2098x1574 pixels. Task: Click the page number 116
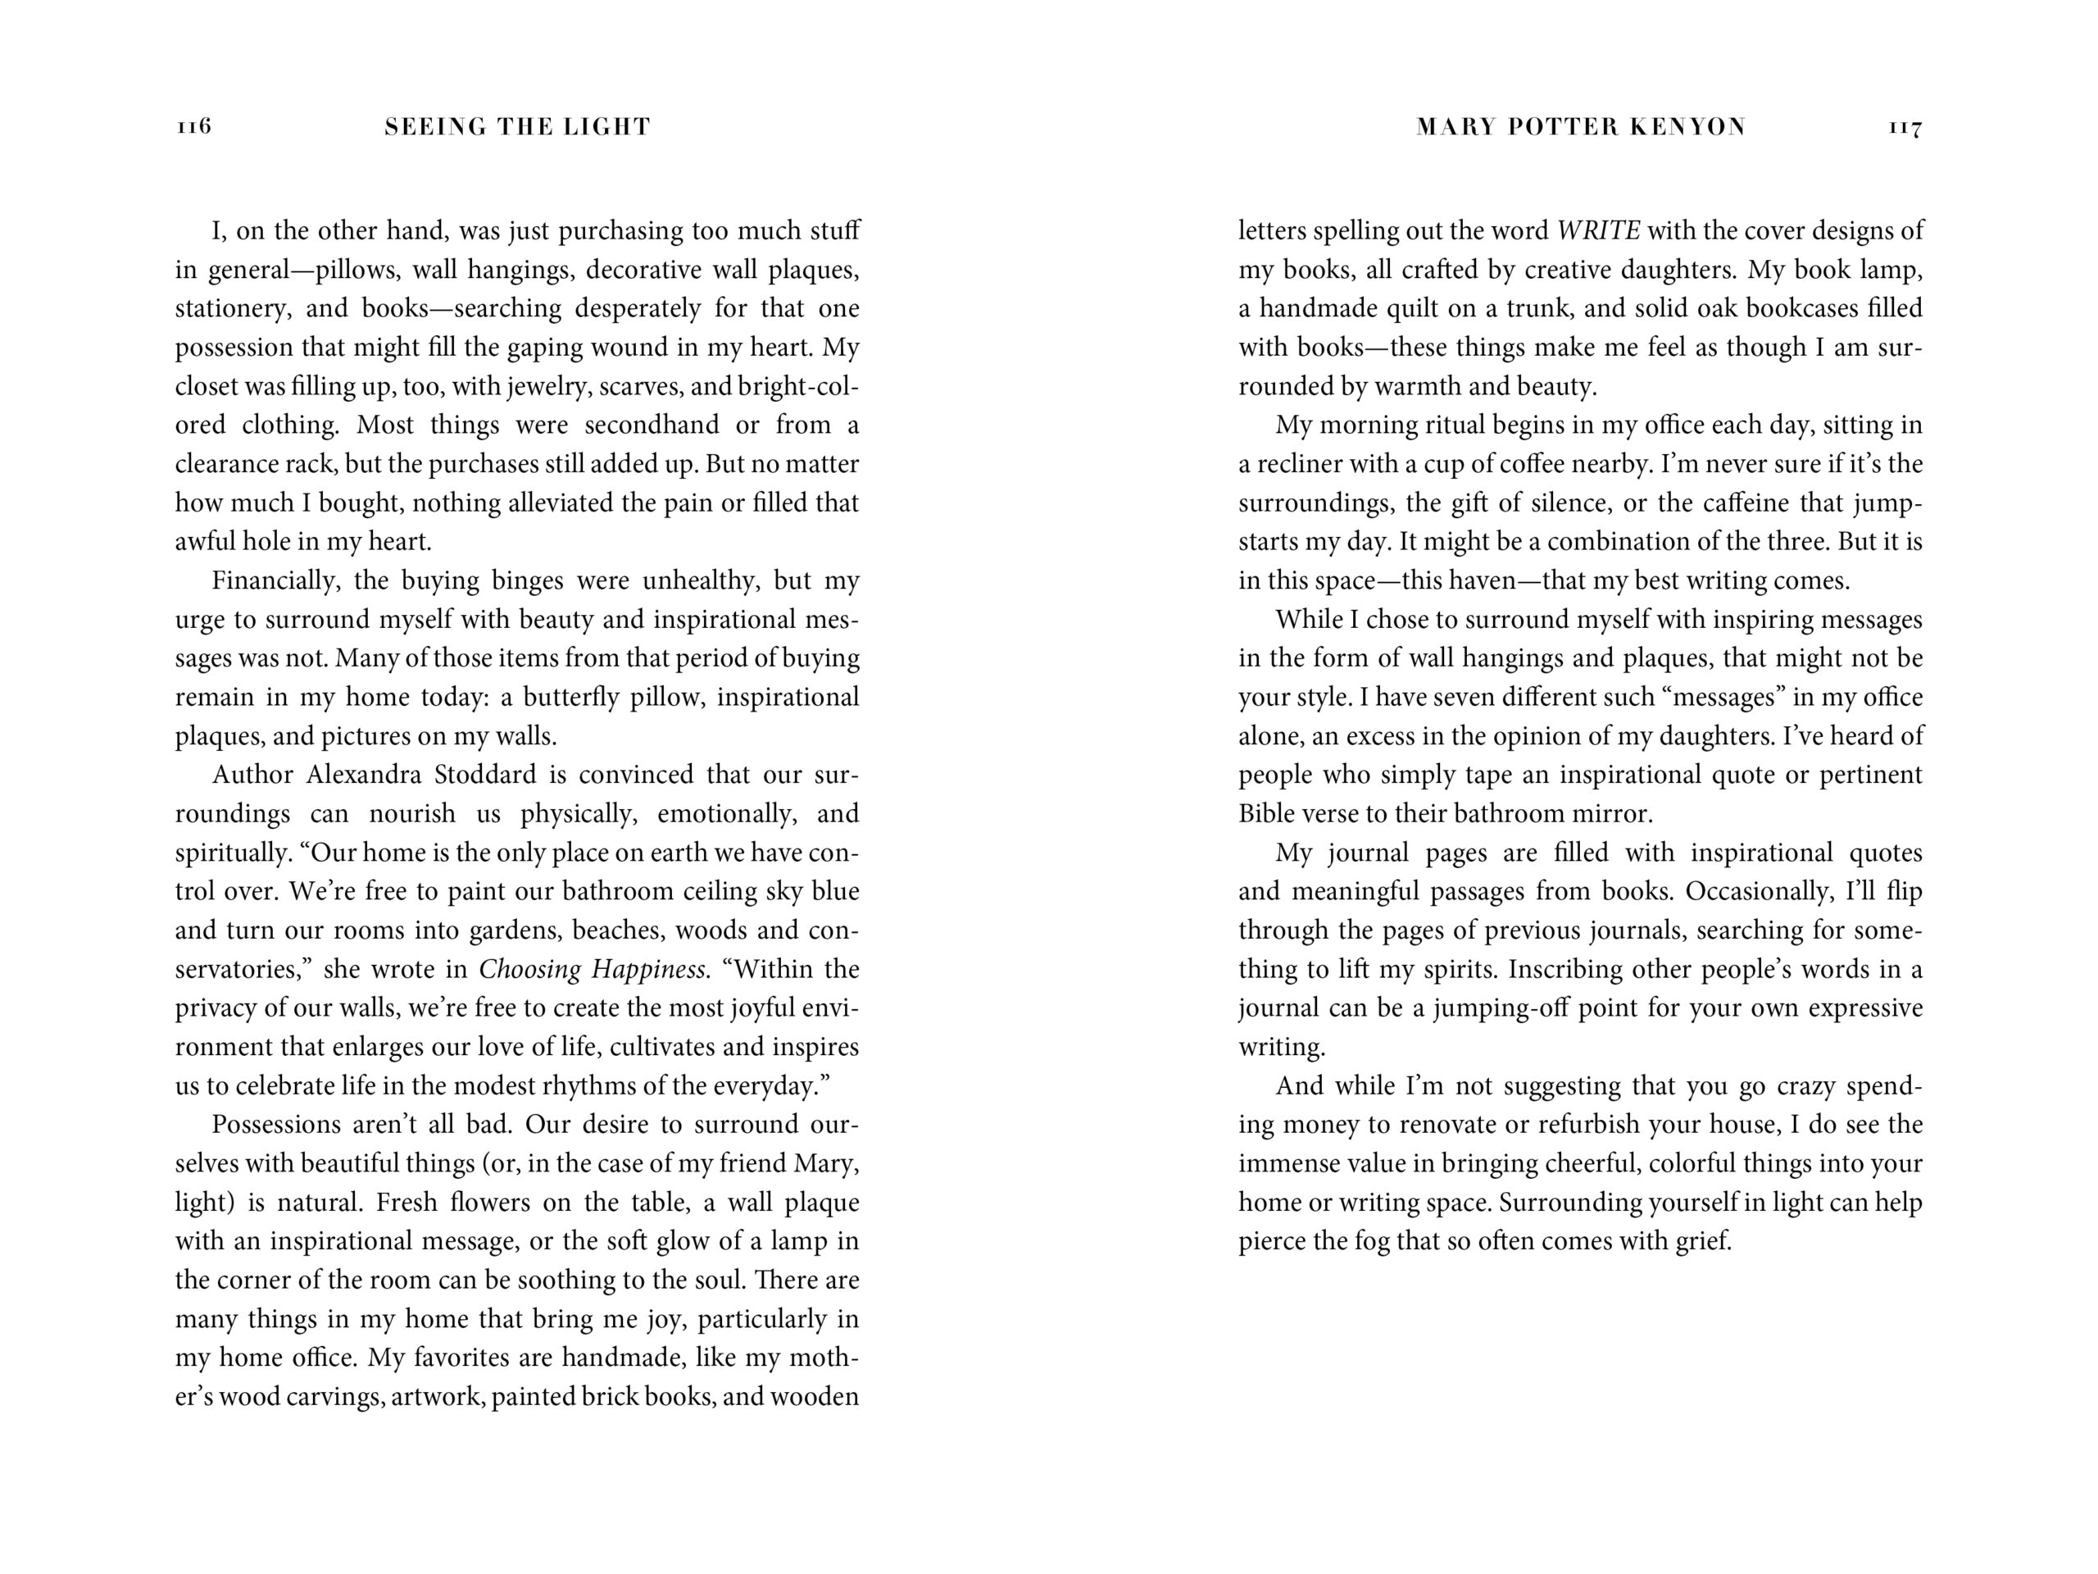click(193, 126)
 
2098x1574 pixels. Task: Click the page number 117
click(1905, 127)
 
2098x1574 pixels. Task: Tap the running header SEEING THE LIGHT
click(517, 127)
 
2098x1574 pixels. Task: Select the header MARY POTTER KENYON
click(1580, 127)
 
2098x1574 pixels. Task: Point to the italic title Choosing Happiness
click(592, 970)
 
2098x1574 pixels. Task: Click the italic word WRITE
click(1598, 230)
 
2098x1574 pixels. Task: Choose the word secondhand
click(652, 425)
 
